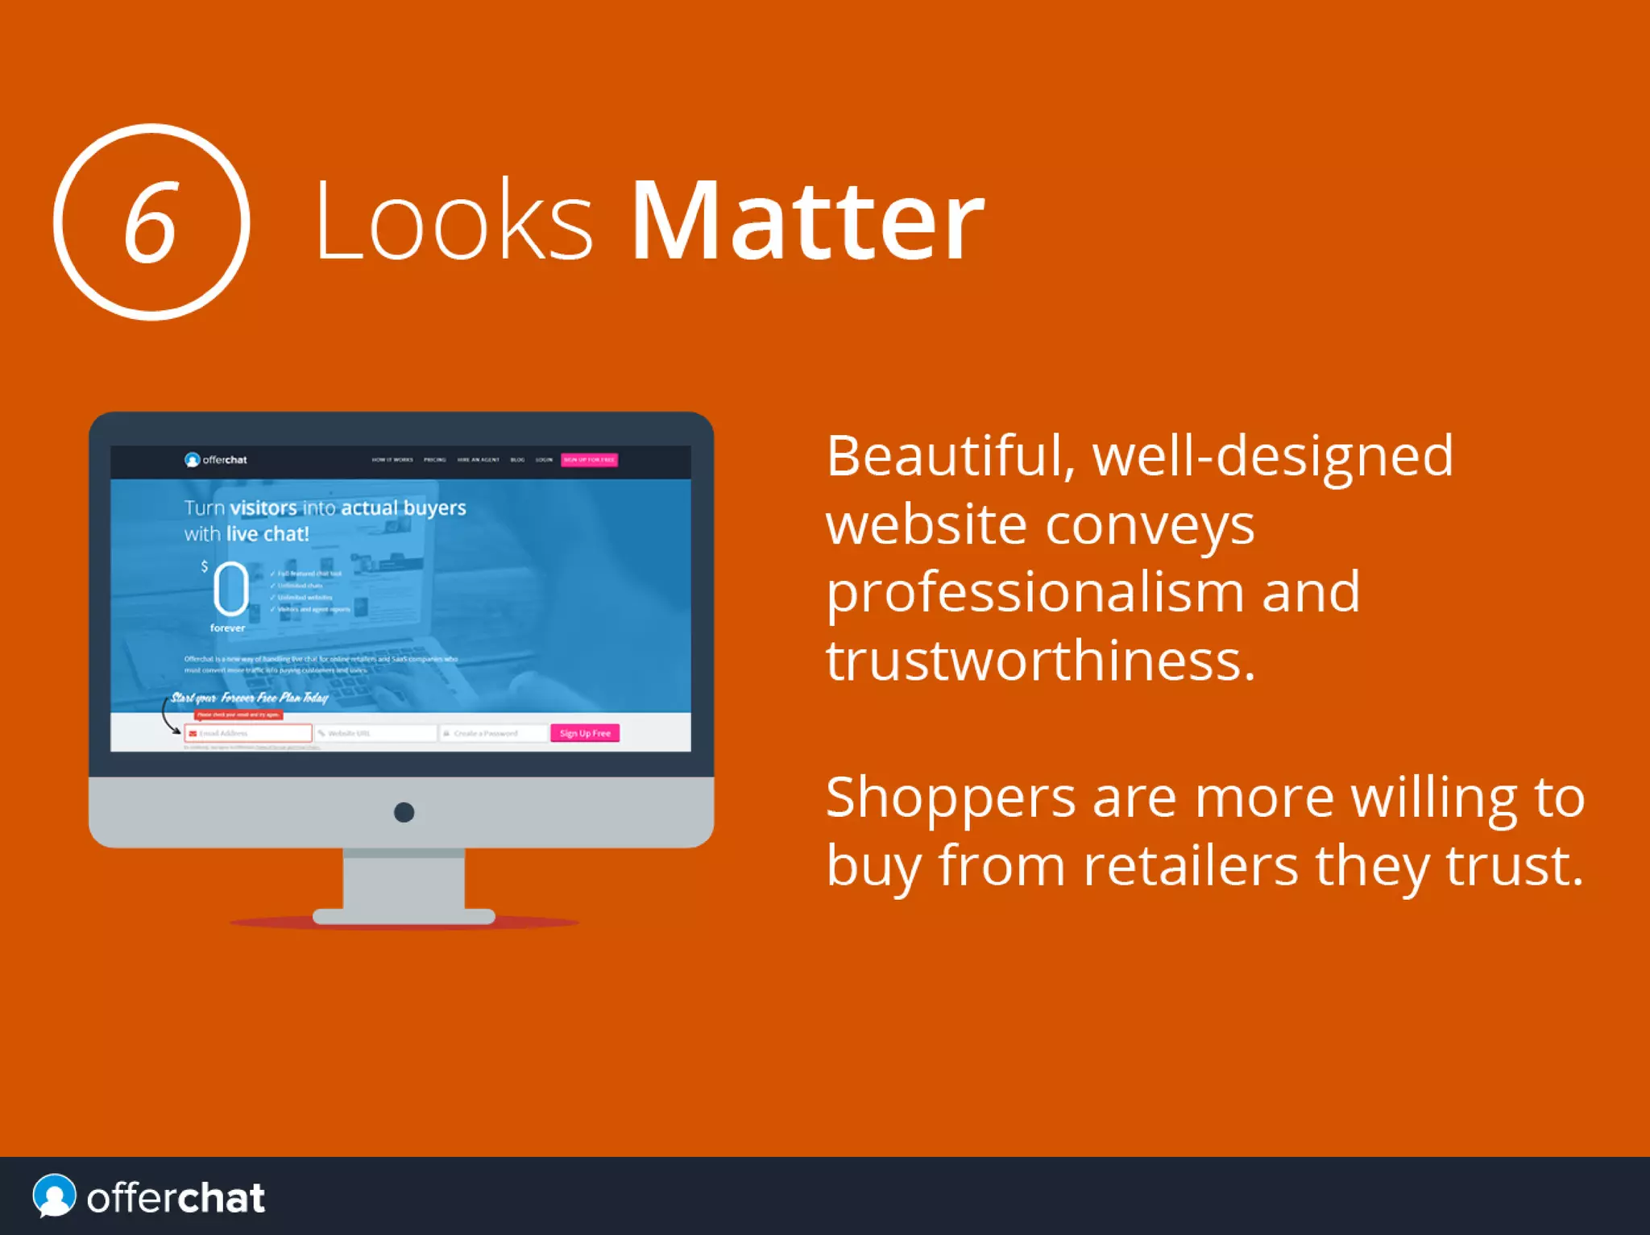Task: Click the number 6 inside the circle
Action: (x=150, y=223)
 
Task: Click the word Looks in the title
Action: (x=454, y=221)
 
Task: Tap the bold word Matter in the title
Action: (x=806, y=221)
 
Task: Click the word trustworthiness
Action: (x=1040, y=661)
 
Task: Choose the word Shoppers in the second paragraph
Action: (x=950, y=798)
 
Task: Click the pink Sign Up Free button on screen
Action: (x=585, y=733)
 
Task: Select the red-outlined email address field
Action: (x=248, y=733)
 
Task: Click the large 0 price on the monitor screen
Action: (x=230, y=589)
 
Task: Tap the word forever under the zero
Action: (x=227, y=628)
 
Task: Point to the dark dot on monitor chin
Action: (x=404, y=812)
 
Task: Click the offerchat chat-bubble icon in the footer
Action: (x=54, y=1196)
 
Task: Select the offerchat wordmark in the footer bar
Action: (x=176, y=1198)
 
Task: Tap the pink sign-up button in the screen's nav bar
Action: (x=589, y=460)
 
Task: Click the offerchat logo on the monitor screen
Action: (x=216, y=460)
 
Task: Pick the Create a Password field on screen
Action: (x=493, y=733)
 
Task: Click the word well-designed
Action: (x=1272, y=457)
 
